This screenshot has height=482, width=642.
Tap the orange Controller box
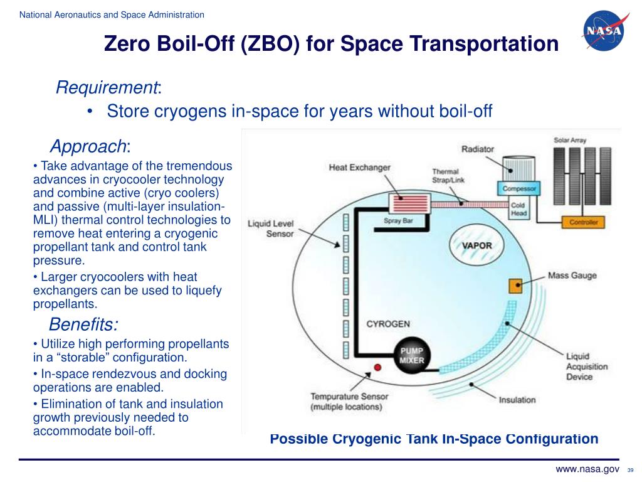click(584, 222)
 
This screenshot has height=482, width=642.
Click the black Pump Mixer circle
click(411, 355)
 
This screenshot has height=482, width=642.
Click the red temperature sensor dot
click(377, 367)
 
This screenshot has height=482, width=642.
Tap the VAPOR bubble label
click(476, 245)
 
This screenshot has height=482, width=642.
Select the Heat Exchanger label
click(359, 168)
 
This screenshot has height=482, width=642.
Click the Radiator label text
click(478, 149)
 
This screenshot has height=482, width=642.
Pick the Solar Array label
click(570, 141)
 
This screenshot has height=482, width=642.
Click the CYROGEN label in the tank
click(388, 324)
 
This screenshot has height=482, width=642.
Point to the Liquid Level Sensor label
click(271, 228)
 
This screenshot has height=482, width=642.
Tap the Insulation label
click(517, 400)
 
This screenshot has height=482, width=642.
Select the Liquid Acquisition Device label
click(587, 367)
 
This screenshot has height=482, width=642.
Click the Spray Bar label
click(398, 220)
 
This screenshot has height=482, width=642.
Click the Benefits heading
click(83, 324)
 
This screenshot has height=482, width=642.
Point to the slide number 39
click(631, 471)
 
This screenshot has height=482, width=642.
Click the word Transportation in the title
click(483, 45)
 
